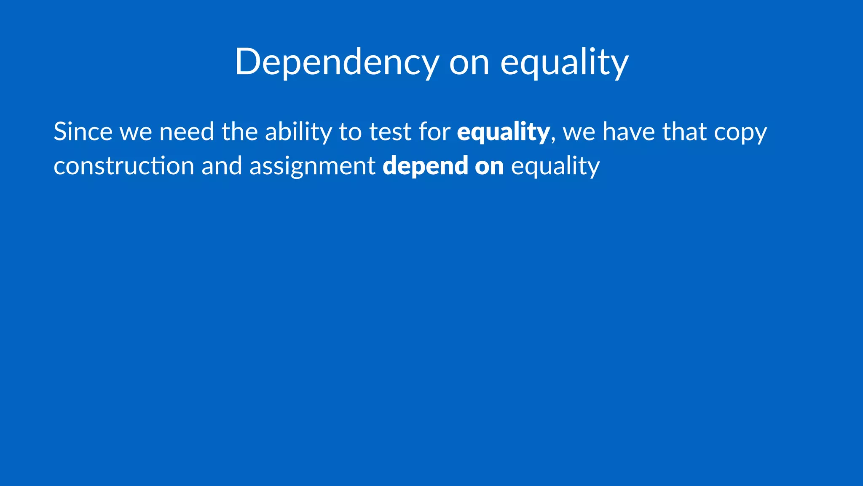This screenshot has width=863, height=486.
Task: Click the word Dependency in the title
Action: (x=337, y=62)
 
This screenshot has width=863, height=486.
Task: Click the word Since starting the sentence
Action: (x=83, y=132)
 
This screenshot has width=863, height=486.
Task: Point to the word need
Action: (x=187, y=132)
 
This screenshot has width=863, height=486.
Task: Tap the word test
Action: (x=390, y=132)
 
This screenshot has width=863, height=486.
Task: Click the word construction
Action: (x=124, y=165)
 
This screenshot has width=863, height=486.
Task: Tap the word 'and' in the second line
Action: (x=222, y=165)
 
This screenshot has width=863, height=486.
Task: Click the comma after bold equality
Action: (x=553, y=139)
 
